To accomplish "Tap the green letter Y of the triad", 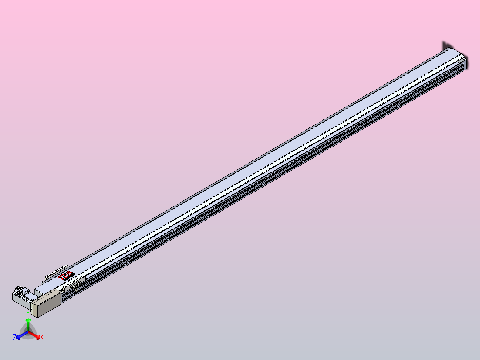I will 28,314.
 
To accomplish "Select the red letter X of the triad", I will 42,338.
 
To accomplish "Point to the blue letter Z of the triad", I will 15,338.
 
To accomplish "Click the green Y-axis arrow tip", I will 28,320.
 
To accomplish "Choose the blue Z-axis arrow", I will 21,335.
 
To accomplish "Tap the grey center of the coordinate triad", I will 28,331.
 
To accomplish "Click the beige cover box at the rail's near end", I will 46,303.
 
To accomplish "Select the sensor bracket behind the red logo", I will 53,274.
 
